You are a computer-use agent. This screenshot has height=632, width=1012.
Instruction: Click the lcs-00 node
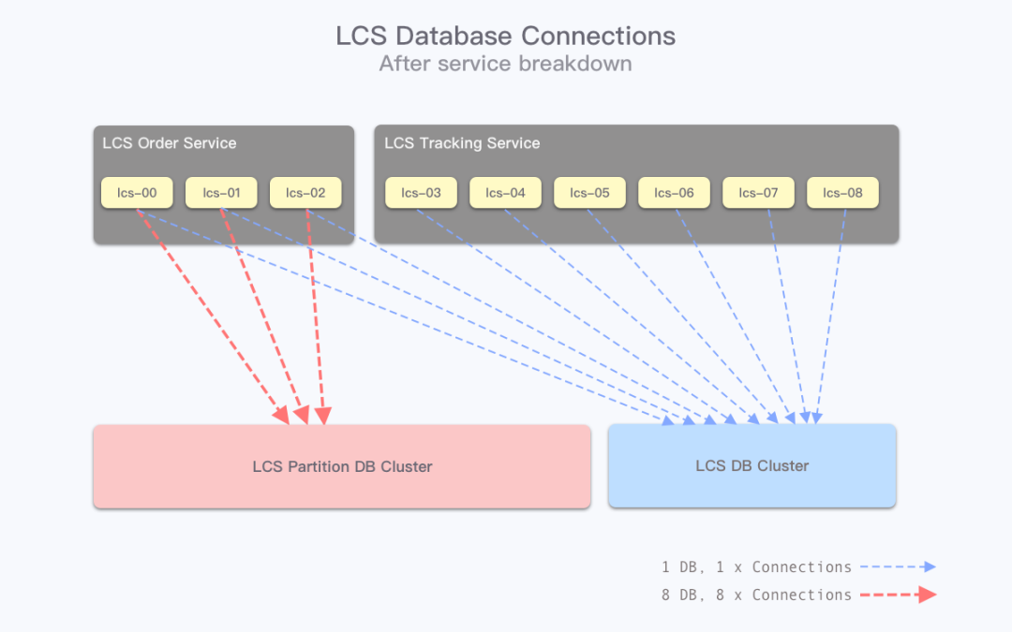(x=137, y=193)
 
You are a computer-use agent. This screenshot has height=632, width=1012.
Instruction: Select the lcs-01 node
(x=221, y=193)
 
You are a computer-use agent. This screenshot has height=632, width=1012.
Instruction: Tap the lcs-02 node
(x=305, y=193)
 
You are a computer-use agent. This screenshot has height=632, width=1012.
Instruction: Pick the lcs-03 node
(x=421, y=193)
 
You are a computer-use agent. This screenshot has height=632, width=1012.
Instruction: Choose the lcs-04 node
(x=505, y=193)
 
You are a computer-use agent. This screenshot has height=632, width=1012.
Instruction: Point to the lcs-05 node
(x=590, y=193)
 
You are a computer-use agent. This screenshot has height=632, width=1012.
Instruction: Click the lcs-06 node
(x=674, y=193)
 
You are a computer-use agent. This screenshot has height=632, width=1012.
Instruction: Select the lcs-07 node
(x=758, y=193)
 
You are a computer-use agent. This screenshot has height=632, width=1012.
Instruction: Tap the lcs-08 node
(x=842, y=193)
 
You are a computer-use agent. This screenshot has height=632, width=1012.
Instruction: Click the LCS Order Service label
(x=169, y=143)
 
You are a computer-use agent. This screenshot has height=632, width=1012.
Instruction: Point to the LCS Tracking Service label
(x=462, y=143)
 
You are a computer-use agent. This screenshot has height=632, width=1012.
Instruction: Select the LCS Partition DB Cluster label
(x=342, y=467)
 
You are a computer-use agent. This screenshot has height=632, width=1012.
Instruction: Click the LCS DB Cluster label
(x=752, y=466)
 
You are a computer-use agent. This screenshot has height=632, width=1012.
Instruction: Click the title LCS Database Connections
(x=505, y=36)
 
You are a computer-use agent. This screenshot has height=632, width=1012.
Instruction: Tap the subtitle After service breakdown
(x=505, y=64)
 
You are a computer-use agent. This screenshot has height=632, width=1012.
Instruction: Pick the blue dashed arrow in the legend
(x=898, y=566)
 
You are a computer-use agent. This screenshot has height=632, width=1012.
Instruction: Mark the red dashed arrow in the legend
(x=899, y=595)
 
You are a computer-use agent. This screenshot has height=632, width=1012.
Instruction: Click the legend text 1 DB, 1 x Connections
(x=756, y=567)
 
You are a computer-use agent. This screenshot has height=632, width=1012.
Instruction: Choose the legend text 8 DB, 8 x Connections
(x=756, y=595)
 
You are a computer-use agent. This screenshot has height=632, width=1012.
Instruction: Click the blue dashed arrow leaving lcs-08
(x=830, y=316)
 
